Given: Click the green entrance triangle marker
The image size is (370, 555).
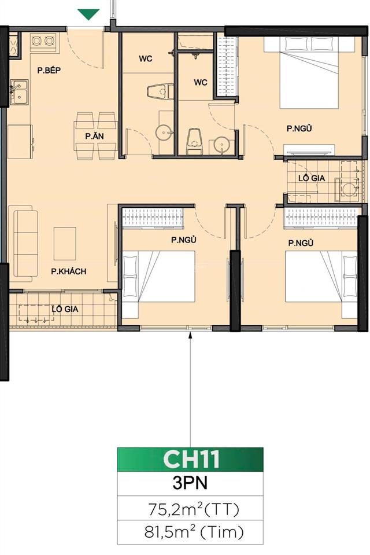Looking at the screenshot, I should [x=88, y=14].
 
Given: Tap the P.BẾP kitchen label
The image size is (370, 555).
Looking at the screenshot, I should [x=49, y=71].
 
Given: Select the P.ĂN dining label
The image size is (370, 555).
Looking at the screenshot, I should [x=94, y=137].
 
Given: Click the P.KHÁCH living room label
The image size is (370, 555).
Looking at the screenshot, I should [x=68, y=271].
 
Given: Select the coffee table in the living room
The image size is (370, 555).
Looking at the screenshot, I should [x=65, y=243].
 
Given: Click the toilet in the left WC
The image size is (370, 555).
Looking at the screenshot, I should [x=160, y=93].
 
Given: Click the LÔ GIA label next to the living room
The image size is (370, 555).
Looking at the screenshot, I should [x=65, y=309].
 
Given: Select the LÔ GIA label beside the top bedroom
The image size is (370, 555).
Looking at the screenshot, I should [x=312, y=178].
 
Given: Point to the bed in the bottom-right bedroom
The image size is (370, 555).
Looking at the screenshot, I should [x=321, y=277].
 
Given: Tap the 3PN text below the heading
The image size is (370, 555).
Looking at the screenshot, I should [x=190, y=483].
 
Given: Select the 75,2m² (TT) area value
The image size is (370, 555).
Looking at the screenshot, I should [x=190, y=509].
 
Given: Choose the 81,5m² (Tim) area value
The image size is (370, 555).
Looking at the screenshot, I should [x=190, y=532].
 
